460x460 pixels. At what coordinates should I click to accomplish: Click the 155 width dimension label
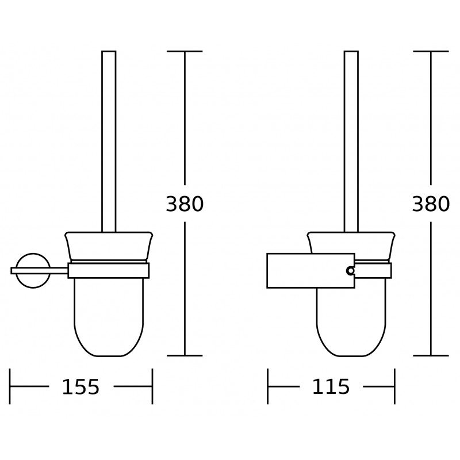(80, 387)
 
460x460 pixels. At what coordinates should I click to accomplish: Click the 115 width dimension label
(331, 387)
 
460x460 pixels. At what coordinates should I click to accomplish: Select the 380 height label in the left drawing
(185, 204)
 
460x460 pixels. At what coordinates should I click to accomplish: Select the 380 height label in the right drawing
(431, 204)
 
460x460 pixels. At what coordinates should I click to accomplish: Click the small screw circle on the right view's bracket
(350, 270)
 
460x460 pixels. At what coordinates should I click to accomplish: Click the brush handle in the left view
(109, 138)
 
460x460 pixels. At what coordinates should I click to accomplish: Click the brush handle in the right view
(351, 138)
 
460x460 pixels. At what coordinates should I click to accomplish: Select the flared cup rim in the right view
(351, 241)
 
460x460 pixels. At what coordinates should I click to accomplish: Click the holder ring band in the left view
(109, 270)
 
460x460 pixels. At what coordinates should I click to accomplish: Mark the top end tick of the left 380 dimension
(185, 52)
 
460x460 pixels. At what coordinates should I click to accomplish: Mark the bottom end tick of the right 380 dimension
(431, 355)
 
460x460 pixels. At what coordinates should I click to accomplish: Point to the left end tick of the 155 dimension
(10, 387)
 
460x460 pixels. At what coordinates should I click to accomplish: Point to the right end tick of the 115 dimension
(394, 387)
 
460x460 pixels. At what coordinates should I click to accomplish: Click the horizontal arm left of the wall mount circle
(16, 270)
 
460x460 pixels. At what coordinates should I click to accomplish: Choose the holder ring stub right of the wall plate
(374, 270)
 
